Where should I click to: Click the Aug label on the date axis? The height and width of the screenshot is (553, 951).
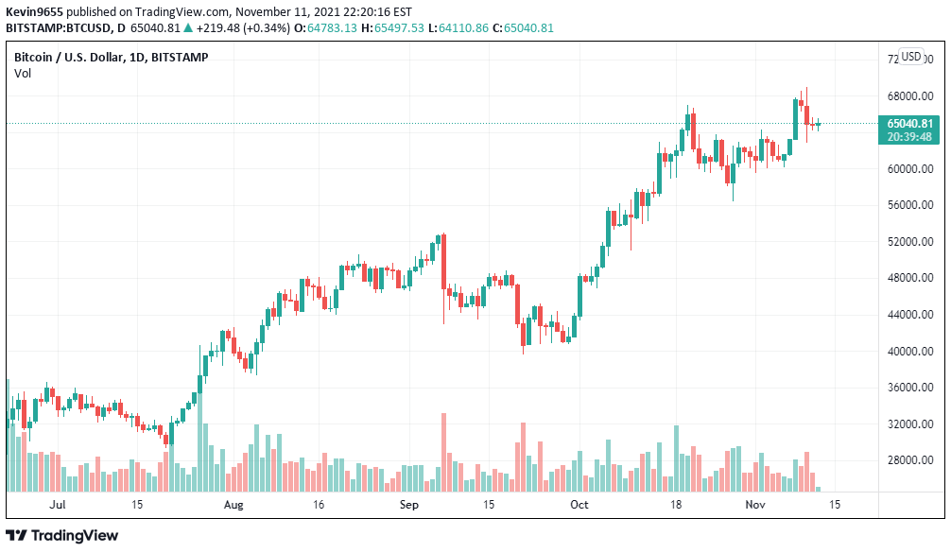234,505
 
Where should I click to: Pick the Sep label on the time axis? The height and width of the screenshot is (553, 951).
408,505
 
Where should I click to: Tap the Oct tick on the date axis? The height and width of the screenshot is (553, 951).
579,505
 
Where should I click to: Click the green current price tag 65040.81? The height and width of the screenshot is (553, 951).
909,123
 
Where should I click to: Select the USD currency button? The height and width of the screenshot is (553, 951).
911,57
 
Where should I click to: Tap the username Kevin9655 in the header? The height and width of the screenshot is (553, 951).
35,11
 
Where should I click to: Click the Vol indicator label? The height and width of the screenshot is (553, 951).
23,74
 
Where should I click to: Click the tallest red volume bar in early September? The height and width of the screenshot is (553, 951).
442,452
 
